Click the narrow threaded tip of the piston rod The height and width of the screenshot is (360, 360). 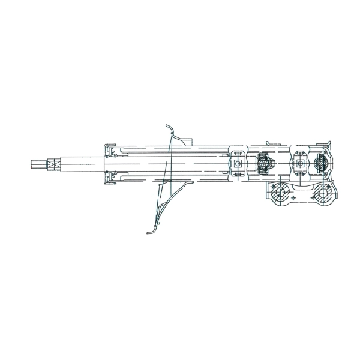(x=35, y=163)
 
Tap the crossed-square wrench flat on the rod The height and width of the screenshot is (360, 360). (x=52, y=163)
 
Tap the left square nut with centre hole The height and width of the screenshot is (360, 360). (x=238, y=163)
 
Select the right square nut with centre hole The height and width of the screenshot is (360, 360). (x=299, y=163)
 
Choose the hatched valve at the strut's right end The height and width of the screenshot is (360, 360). (x=321, y=163)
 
